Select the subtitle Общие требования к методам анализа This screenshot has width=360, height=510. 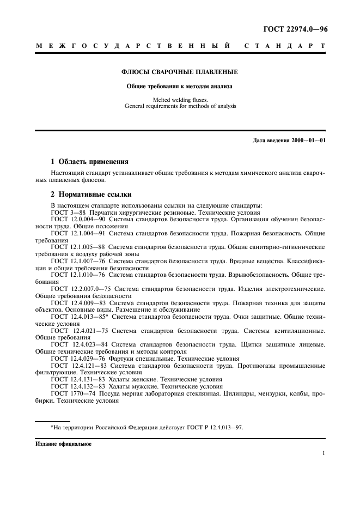pos(180,86)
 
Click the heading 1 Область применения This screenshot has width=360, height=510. pos(89,161)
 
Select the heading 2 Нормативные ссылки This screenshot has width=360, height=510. pos(90,195)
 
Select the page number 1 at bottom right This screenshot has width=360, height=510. pos(324,453)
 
